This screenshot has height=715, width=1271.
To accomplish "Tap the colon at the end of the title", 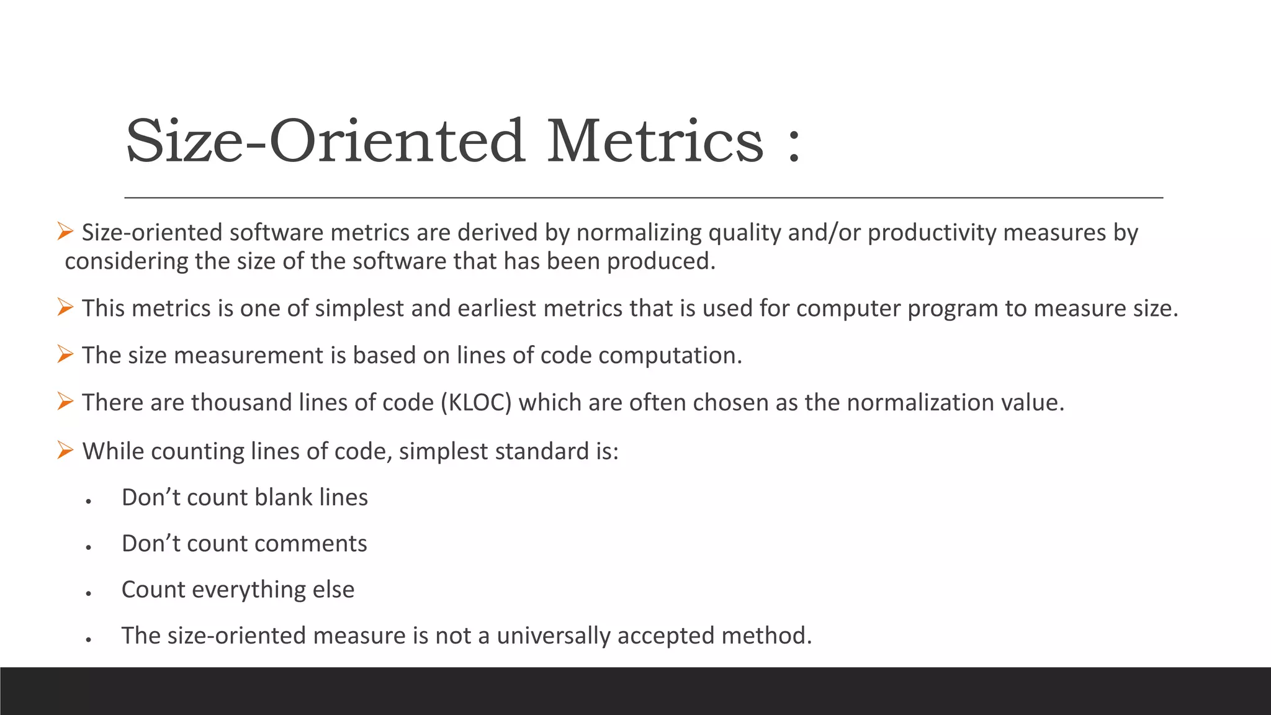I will coord(794,144).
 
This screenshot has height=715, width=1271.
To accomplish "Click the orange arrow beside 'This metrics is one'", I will coord(65,307).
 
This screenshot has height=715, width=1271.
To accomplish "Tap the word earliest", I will coord(496,308).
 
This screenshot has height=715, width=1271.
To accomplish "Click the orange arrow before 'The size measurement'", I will coord(65,354).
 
